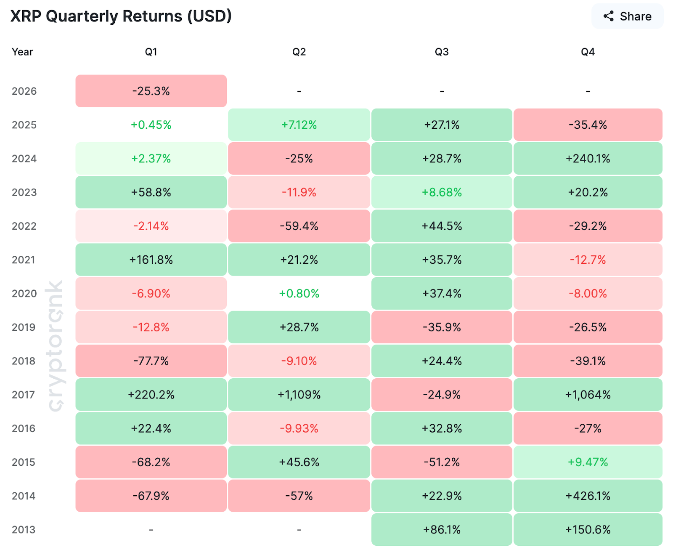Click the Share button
(x=627, y=16)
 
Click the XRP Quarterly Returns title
(x=121, y=16)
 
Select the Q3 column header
(x=442, y=52)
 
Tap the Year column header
(x=22, y=52)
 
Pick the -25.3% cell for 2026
(x=151, y=91)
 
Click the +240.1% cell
(x=588, y=159)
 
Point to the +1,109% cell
(x=299, y=395)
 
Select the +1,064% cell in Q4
(x=588, y=395)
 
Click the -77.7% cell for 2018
(x=151, y=361)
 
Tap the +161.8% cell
(x=151, y=260)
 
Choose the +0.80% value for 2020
(x=299, y=293)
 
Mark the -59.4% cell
(x=299, y=226)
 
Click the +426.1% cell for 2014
(x=588, y=496)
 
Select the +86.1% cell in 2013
(x=442, y=529)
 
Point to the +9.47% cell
(x=588, y=462)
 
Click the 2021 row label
(x=24, y=260)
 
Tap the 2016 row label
(x=24, y=428)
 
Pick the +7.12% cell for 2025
(x=299, y=125)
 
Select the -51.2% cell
(x=442, y=462)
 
